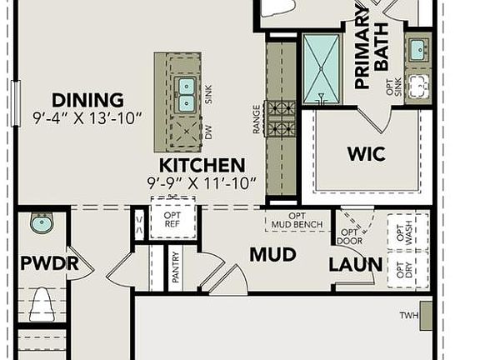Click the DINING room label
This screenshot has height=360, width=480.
coord(87,100)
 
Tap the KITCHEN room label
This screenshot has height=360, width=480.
coord(202,165)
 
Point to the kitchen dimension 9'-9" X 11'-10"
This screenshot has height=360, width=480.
coord(202,182)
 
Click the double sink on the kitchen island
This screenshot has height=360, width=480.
coord(187,94)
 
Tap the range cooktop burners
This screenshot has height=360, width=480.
coord(281,118)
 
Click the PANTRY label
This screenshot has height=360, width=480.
coord(176,269)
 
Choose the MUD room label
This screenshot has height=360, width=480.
coord(272,255)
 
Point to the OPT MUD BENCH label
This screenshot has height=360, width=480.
coord(298,221)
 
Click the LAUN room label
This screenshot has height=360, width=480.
coord(355,265)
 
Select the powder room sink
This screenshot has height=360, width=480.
coord(40,222)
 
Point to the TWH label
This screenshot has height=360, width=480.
coord(407,316)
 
